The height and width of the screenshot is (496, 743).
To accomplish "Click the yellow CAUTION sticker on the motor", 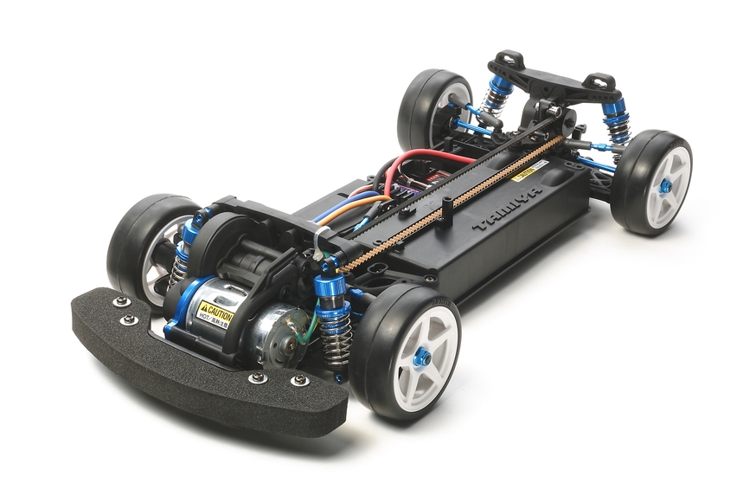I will [x=214, y=312].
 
